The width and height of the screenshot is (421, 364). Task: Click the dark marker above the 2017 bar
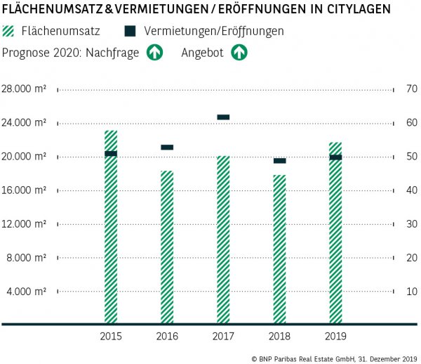pos(223,117)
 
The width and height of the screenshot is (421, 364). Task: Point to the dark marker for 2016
pos(167,148)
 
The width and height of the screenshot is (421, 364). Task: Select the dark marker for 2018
pos(279,161)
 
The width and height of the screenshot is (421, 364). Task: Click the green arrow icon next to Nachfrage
pos(154,53)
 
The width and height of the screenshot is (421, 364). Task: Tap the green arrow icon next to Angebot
pos(239,53)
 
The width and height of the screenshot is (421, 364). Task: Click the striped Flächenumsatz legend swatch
pos(9,32)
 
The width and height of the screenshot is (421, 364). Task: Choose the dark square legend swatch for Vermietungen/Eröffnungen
pos(129,32)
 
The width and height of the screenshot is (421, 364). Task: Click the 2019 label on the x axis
pos(335,337)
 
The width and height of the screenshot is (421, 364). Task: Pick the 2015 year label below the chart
pos(111,337)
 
